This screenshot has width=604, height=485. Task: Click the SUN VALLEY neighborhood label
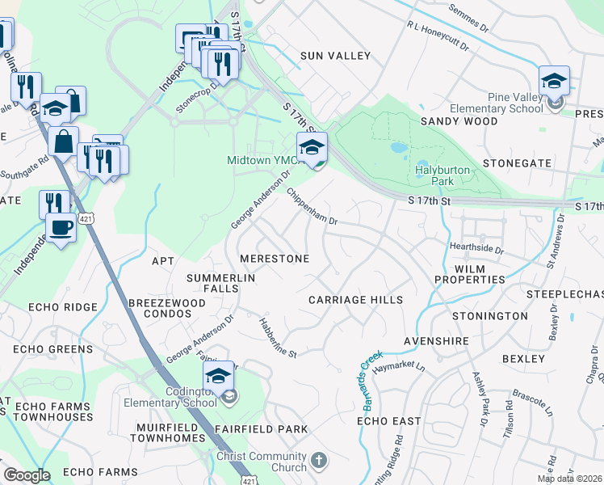(335, 56)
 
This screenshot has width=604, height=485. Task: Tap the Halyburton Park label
(442, 176)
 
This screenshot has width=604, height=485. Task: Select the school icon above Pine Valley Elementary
(554, 82)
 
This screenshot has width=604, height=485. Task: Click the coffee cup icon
(61, 227)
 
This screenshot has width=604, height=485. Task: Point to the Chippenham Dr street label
(310, 207)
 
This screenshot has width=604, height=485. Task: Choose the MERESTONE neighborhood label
(274, 259)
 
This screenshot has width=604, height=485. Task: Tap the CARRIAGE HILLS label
(355, 300)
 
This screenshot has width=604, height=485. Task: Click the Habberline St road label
(278, 338)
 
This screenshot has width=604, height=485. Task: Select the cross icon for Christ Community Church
(319, 461)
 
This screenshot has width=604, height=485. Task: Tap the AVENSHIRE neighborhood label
(436, 342)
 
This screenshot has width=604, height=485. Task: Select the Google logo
(26, 475)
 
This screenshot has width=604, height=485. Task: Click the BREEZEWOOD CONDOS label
(166, 309)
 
